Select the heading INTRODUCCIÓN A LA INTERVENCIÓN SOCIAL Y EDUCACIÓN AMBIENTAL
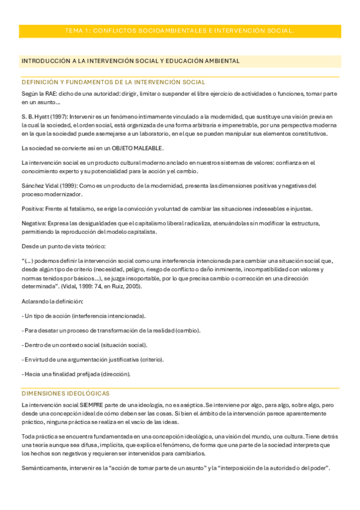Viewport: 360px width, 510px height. tap(130, 61)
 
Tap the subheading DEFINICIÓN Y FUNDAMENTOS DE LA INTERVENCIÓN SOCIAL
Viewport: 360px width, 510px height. tap(113, 82)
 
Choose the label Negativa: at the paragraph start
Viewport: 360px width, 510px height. tap(35, 223)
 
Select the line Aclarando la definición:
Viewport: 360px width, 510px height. tap(52, 301)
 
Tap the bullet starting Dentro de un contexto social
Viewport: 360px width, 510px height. tap(84, 345)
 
